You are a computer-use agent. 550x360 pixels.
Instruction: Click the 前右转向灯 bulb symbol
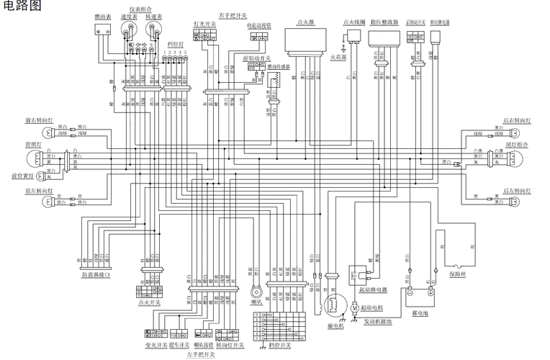pyautogui.click(x=47, y=132)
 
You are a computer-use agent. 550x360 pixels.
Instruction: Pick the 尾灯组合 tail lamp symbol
pyautogui.click(x=513, y=159)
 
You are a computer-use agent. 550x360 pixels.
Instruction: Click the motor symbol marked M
pyautogui.click(x=356, y=307)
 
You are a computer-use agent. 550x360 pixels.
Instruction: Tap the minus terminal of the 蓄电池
pyautogui.click(x=409, y=292)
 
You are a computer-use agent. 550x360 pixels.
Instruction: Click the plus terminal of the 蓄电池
pyautogui.click(x=431, y=292)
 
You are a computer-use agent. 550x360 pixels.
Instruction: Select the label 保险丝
pyautogui.click(x=459, y=274)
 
